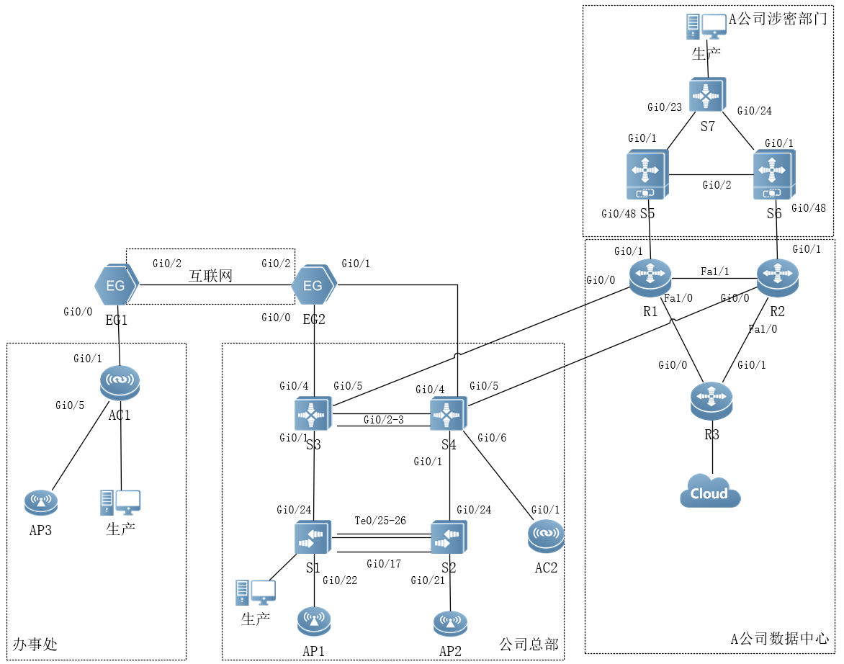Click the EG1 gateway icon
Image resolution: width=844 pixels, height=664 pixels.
click(116, 285)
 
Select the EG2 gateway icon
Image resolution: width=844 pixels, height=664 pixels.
click(313, 286)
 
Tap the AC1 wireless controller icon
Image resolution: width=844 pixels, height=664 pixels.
click(120, 384)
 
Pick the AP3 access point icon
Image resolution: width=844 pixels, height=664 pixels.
click(41, 502)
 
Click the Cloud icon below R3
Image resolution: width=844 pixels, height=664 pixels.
click(710, 492)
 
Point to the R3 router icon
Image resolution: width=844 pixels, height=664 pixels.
click(711, 401)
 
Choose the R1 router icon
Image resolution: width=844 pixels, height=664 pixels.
click(650, 277)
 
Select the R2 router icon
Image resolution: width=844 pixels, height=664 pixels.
click(778, 277)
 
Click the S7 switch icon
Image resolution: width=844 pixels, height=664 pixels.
click(707, 95)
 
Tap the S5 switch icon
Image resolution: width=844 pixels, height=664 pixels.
click(647, 175)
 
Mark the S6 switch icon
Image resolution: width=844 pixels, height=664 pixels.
click(773, 175)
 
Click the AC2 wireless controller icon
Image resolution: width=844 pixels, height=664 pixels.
click(546, 537)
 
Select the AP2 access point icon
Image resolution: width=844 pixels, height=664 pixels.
click(450, 624)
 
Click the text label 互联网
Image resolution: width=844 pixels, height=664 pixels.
click(211, 275)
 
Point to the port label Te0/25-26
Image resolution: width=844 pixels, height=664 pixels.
click(380, 521)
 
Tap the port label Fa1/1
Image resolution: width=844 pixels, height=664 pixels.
click(714, 272)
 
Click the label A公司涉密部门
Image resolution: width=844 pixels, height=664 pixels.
click(778, 19)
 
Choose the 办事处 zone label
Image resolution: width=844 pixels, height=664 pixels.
click(35, 644)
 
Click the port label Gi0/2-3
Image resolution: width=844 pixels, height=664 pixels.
click(384, 420)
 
